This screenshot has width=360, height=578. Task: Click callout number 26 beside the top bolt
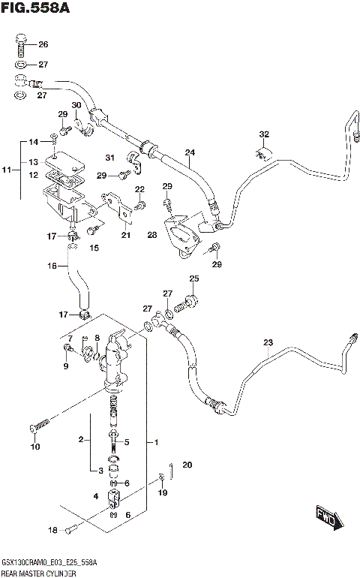coord(43,44)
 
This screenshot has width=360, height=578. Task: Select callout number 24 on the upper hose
coord(190,152)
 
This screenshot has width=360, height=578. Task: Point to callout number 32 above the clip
coord(263,135)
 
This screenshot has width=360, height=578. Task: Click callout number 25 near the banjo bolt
coord(193,280)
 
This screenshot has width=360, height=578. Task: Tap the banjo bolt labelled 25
coord(188,303)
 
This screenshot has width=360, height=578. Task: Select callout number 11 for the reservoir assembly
coord(7,172)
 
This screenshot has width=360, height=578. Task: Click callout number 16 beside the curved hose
coord(52,266)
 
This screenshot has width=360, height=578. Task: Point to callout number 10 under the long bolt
coord(34,447)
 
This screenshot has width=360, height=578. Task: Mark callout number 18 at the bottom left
coord(52,531)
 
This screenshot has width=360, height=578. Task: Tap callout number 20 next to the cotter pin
coord(187,465)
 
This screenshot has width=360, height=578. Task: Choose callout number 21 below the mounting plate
coord(126,236)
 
